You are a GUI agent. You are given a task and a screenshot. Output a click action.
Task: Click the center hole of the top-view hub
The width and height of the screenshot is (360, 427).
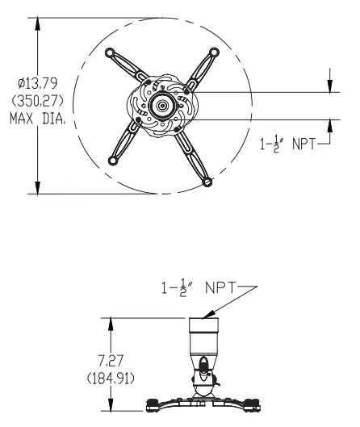[164, 105]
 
